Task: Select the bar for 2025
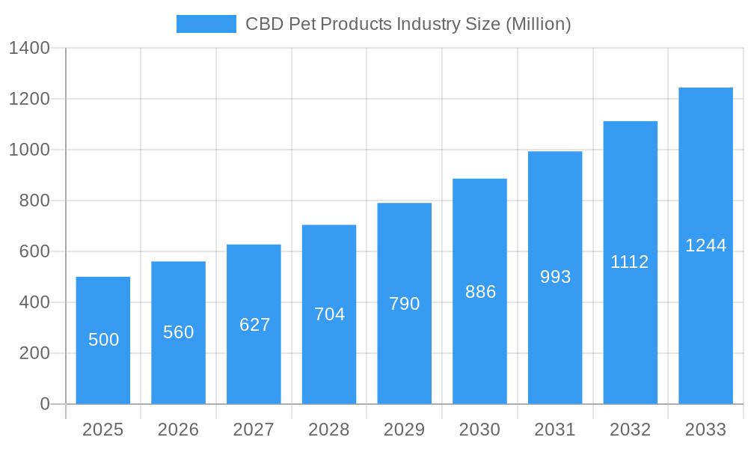(x=103, y=340)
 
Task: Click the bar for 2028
(x=329, y=314)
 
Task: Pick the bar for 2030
(x=479, y=291)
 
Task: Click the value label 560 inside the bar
(x=179, y=332)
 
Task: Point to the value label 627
(x=254, y=325)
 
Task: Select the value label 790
(x=405, y=304)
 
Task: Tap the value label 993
(x=555, y=277)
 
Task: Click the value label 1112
(x=630, y=262)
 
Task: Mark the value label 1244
(x=705, y=245)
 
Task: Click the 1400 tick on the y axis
(x=29, y=49)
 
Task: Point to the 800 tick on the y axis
(x=34, y=201)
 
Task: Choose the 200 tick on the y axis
(x=34, y=353)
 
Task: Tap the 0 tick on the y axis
(x=45, y=404)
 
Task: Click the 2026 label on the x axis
(x=179, y=430)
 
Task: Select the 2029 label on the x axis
(x=405, y=430)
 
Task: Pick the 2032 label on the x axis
(x=630, y=430)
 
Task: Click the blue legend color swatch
(x=206, y=24)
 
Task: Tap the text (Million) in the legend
(x=539, y=24)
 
